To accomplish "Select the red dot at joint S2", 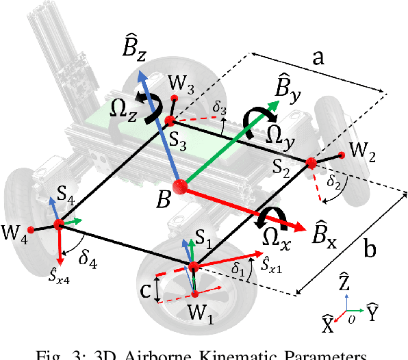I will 311,163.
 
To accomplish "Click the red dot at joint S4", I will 59,224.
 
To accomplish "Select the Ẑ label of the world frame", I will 347,281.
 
